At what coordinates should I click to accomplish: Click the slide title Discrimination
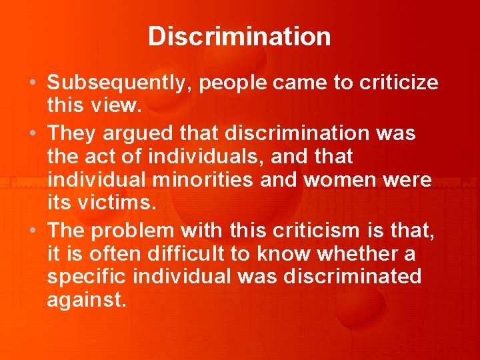point(239,36)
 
